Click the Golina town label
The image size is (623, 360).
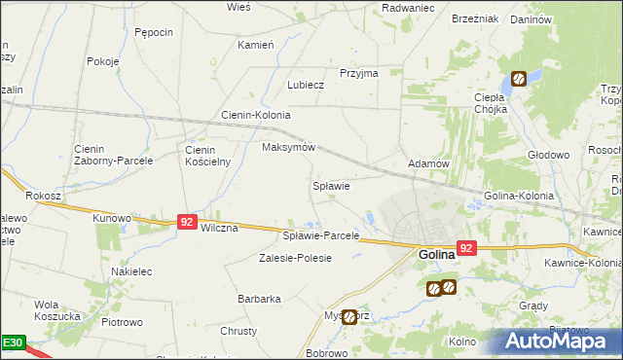point(437,255)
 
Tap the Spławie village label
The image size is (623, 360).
point(330,185)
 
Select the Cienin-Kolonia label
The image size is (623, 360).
point(256,115)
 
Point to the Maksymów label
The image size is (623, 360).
point(289,147)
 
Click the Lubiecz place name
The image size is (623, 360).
point(305,85)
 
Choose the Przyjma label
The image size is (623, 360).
point(358,73)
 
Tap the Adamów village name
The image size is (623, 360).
point(428,163)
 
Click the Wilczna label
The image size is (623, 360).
point(219,228)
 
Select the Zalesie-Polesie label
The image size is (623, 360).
point(295,258)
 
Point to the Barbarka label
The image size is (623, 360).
point(259,299)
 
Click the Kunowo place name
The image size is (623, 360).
point(111,218)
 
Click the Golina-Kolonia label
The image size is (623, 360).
point(518,196)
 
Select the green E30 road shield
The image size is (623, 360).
point(12,343)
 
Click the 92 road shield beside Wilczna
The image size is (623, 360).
point(188,223)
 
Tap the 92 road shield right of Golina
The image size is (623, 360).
point(466,248)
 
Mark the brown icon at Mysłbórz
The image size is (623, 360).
point(348,316)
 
